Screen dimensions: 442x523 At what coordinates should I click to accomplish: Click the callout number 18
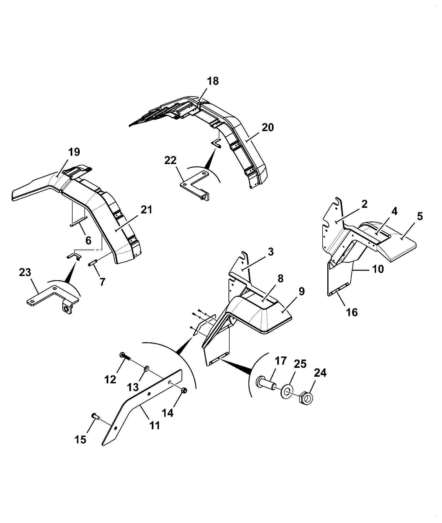(x=213, y=81)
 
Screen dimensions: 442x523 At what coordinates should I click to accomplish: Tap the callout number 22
(x=170, y=160)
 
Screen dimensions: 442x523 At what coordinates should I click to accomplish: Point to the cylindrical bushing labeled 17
(x=267, y=384)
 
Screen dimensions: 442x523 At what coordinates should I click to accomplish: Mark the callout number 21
(x=146, y=210)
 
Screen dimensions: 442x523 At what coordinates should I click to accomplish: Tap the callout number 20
(x=268, y=128)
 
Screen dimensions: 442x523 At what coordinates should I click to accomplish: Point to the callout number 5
(x=420, y=216)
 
